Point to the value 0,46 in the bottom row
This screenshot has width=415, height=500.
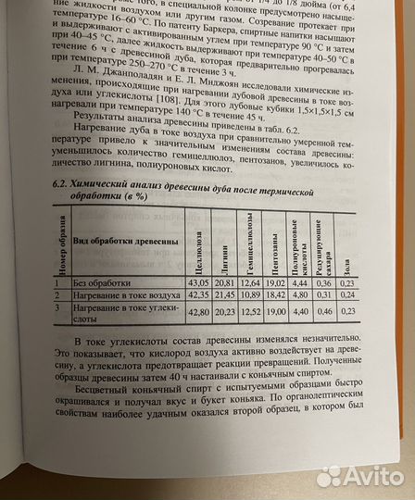click(325, 312)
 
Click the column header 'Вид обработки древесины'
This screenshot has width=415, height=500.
click(121, 239)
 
